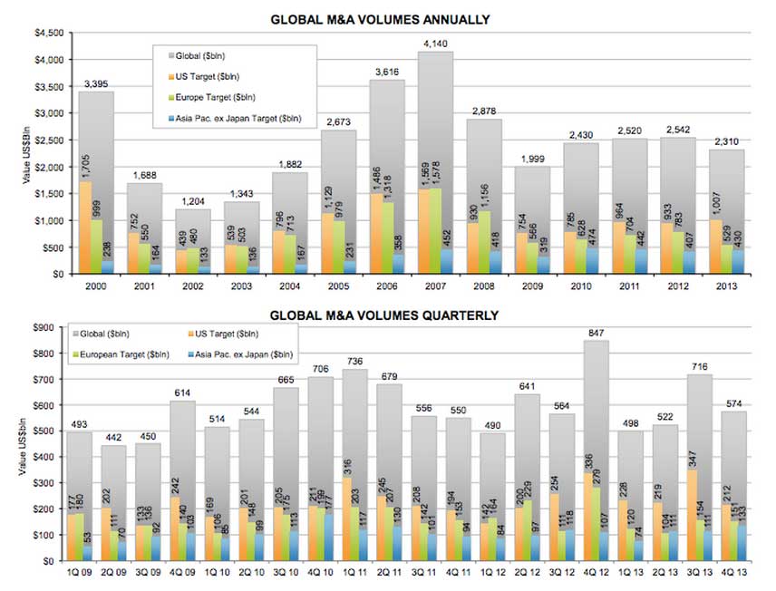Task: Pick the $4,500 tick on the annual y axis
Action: pos(47,33)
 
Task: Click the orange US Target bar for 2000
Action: pos(85,227)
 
